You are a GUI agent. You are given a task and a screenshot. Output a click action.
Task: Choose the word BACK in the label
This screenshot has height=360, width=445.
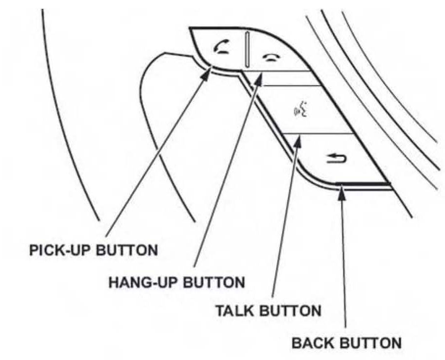(311, 342)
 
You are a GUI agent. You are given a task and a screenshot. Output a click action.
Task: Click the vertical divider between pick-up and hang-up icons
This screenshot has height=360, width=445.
(249, 50)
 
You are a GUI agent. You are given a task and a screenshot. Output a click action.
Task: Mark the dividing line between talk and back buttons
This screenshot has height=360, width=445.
(319, 133)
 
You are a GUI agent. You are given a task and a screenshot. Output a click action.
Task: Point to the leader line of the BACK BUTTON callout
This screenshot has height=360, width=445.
(345, 260)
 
